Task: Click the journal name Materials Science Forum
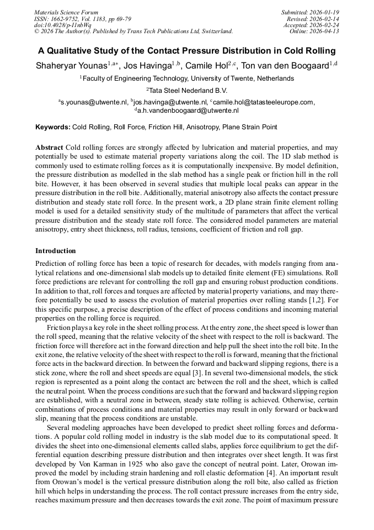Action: click(x=66, y=12)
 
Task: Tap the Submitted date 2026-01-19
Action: click(x=311, y=12)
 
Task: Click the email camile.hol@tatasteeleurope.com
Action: click(x=259, y=102)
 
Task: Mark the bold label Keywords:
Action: click(x=53, y=128)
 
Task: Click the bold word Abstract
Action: click(x=50, y=148)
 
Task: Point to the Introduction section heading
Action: click(x=55, y=251)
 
